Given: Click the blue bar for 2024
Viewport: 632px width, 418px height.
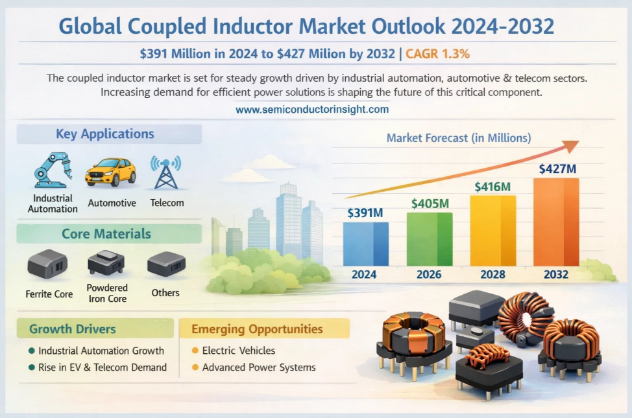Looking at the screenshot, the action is (x=366, y=244).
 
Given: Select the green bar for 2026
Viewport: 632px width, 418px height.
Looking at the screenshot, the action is (x=430, y=239).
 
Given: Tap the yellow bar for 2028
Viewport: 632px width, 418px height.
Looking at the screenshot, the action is (x=493, y=231).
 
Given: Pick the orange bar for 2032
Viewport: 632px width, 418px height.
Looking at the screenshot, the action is (x=556, y=222).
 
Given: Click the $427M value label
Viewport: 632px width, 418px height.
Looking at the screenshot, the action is (x=557, y=168).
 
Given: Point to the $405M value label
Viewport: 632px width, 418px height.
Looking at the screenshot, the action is (x=430, y=203).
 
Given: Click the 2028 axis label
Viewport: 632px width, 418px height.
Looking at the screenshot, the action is (x=492, y=275).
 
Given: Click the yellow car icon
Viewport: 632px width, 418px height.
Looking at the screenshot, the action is (x=110, y=172).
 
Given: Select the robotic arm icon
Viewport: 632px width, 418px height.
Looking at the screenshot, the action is (x=53, y=170).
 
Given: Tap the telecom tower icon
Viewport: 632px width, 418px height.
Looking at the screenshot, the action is (x=165, y=172).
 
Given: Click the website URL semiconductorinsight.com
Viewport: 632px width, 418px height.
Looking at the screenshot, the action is (x=312, y=110).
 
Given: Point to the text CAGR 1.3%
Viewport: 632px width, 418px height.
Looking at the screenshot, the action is (x=437, y=54).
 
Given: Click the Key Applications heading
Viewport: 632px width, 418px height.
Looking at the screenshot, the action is (x=105, y=134).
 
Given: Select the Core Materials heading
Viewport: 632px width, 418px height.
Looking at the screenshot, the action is (x=106, y=234).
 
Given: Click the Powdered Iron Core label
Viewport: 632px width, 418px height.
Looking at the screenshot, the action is (x=107, y=293).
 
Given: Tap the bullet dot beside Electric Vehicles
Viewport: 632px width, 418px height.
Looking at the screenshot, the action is (x=195, y=351).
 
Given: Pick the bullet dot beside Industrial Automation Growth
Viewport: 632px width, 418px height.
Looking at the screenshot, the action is (x=31, y=351).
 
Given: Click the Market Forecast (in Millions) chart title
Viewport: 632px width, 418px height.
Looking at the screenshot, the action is (x=459, y=138).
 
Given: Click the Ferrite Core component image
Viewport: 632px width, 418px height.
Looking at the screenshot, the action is (x=47, y=264).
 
